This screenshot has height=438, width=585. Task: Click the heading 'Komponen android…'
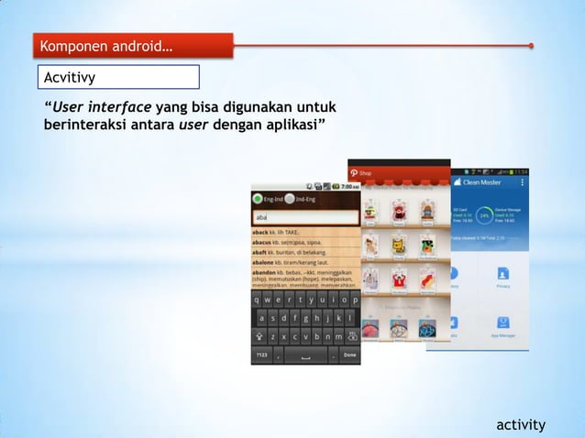coord(103,46)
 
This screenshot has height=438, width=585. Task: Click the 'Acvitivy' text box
coord(117,77)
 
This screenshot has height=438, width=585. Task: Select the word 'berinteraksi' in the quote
coord(85,126)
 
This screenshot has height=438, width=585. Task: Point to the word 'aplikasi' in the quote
coord(288,126)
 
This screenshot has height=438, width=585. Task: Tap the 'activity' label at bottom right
coord(521,424)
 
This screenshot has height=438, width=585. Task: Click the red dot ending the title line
coord(531,45)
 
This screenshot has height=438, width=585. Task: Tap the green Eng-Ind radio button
coord(258,199)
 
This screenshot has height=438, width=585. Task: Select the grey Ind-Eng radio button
coord(290,199)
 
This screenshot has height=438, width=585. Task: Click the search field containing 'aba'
coord(305,217)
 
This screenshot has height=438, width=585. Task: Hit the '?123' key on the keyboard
coord(260,355)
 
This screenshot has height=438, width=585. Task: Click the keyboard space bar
coord(297,355)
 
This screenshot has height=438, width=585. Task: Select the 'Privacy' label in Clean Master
coord(502,287)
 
